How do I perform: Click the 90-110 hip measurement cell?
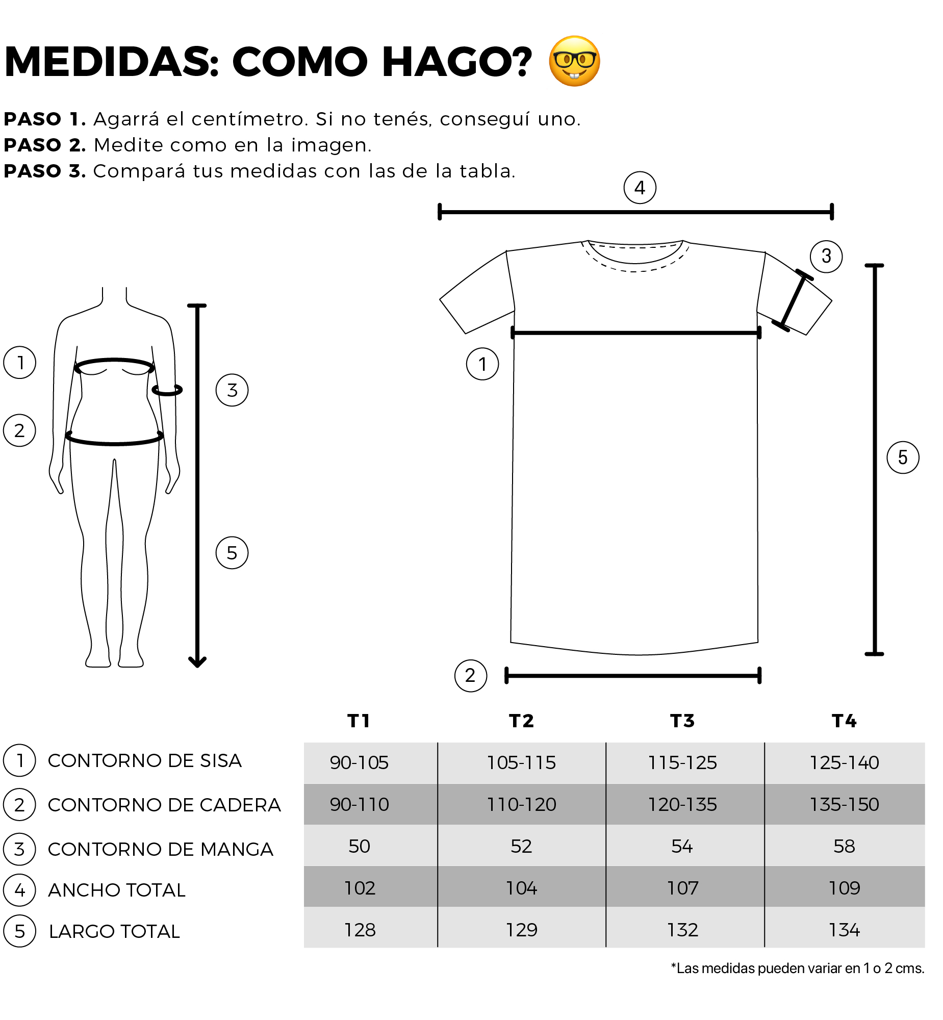coord(359,805)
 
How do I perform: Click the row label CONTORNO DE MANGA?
coord(161,850)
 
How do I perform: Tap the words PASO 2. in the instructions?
coord(45,145)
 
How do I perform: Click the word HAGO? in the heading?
coord(457,62)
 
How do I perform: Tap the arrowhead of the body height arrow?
coord(197,663)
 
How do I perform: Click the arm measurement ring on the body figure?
coord(167,390)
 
